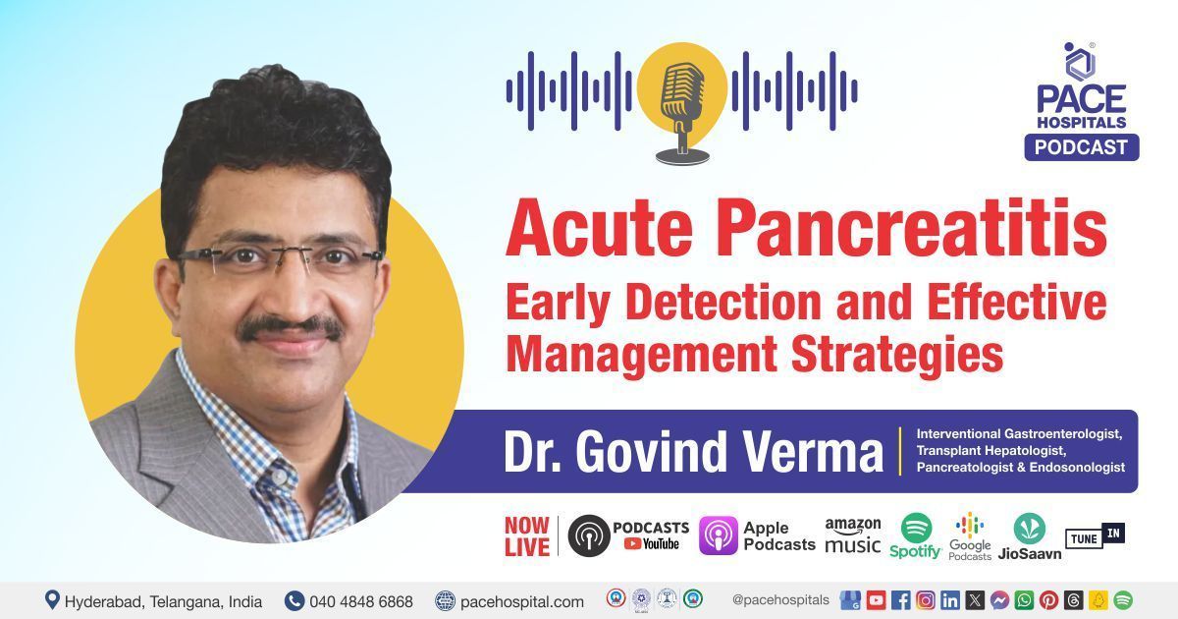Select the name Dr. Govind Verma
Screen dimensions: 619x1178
pyautogui.click(x=693, y=453)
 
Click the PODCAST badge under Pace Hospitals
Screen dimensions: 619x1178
pyautogui.click(x=1082, y=147)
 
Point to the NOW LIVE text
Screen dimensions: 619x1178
pyautogui.click(x=527, y=536)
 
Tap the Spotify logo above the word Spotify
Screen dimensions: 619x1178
pyautogui.click(x=915, y=528)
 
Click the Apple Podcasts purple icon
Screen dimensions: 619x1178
pyautogui.click(x=718, y=536)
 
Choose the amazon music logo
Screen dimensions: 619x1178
pyautogui.click(x=852, y=535)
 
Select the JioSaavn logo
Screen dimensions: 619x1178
pyautogui.click(x=1029, y=529)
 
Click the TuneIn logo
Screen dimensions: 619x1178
pyautogui.click(x=1095, y=535)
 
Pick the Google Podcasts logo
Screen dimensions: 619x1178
pyautogui.click(x=970, y=526)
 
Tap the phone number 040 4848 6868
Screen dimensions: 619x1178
pyautogui.click(x=360, y=600)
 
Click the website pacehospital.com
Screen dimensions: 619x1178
pyautogui.click(x=521, y=600)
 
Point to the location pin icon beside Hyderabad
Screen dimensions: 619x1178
pyautogui.click(x=52, y=599)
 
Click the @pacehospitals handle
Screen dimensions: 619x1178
pyautogui.click(x=780, y=599)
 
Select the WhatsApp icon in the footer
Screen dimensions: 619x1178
pyautogui.click(x=1024, y=599)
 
